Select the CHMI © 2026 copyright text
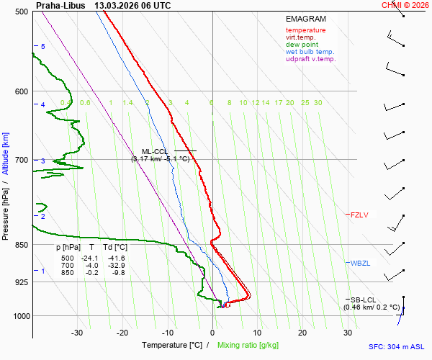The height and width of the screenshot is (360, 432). [x=406, y=5]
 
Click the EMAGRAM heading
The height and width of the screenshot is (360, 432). [x=305, y=19]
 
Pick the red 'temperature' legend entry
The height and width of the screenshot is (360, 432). [x=305, y=30]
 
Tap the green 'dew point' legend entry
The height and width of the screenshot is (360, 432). [x=302, y=45]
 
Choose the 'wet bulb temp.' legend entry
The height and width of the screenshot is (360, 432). [x=310, y=52]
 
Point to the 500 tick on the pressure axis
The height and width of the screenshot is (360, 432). [x=22, y=12]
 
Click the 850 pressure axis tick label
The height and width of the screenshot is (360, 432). [x=22, y=245]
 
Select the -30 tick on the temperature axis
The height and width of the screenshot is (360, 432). [x=77, y=333]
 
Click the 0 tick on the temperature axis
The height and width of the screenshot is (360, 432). [x=212, y=333]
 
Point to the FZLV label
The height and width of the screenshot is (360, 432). [x=359, y=215]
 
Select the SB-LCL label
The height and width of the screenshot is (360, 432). [x=364, y=300]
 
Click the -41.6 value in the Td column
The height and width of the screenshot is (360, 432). [x=117, y=258]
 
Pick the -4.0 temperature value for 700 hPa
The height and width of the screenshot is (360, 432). [x=91, y=266]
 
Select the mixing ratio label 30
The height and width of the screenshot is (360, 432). [x=318, y=103]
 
